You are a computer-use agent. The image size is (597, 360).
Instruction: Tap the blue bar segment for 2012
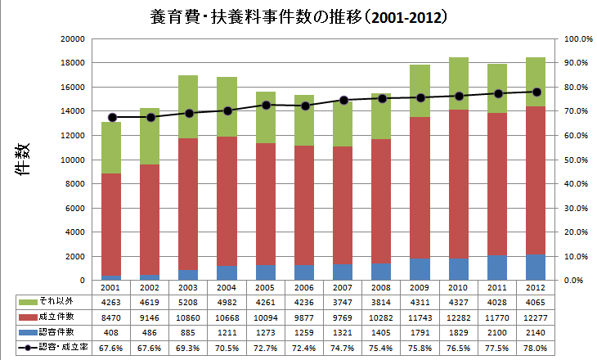tap(535, 268)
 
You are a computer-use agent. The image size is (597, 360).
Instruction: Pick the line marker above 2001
tap(112, 117)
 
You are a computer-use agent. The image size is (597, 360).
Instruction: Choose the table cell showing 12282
tap(458, 317)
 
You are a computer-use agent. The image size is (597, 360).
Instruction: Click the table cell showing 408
tap(112, 333)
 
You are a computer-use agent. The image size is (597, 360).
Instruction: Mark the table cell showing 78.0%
tap(535, 349)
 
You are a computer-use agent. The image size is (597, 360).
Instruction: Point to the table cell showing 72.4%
tap(305, 349)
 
